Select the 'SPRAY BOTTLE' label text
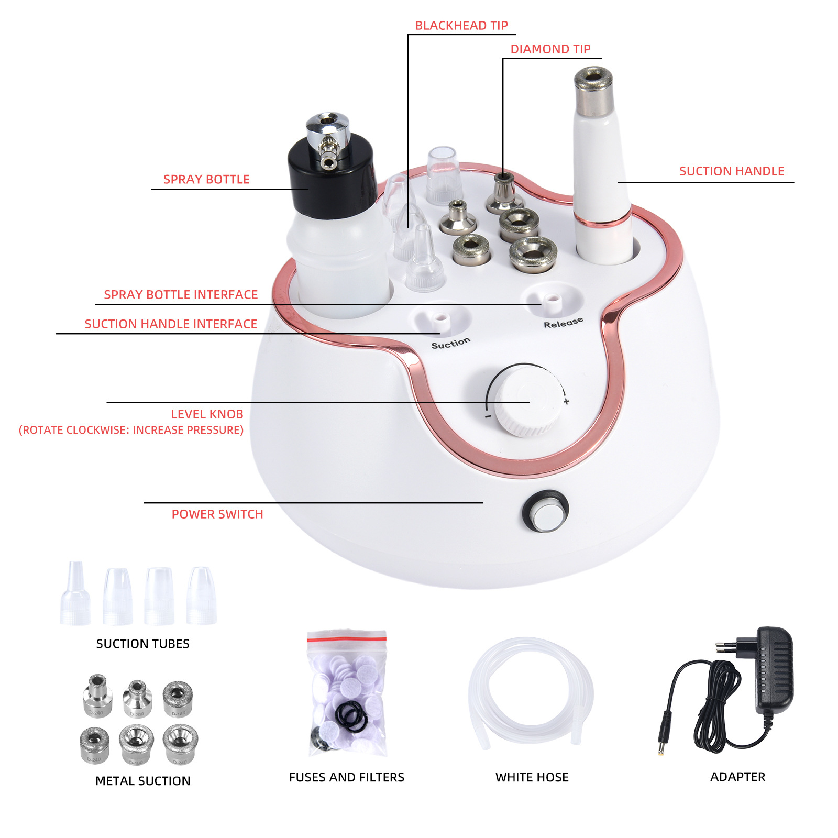206,180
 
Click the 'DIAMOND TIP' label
550,49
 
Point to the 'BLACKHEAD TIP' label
461,26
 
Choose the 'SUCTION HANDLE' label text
732,171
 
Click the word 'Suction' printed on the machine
450,344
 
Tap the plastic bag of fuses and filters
347,694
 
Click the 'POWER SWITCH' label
217,514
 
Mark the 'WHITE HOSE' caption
532,777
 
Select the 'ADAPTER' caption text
737,777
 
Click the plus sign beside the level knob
566,402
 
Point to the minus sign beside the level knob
488,416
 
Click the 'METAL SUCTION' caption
142,781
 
